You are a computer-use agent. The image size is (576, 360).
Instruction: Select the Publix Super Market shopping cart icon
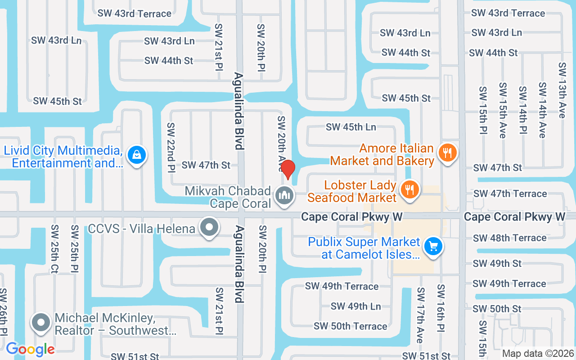pyautogui.click(x=433, y=246)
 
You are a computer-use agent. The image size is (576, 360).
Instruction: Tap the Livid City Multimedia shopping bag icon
pyautogui.click(x=135, y=155)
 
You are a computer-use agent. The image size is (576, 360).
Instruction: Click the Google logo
pyautogui.click(x=30, y=349)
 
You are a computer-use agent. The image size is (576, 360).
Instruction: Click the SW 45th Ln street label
pyautogui.click(x=351, y=127)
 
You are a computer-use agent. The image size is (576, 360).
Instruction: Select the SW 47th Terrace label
pyautogui.click(x=510, y=193)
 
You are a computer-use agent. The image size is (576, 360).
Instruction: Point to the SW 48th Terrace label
pyautogui.click(x=509, y=238)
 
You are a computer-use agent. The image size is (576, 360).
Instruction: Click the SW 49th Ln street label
pyautogui.click(x=355, y=306)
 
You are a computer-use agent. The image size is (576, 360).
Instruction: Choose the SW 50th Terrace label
pyautogui.click(x=350, y=326)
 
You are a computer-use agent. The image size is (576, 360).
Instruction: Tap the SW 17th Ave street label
pyautogui.click(x=420, y=315)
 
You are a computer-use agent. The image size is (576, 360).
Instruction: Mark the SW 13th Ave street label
pyautogui.click(x=562, y=90)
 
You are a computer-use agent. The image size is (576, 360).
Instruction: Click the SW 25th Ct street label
pyautogui.click(x=55, y=249)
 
